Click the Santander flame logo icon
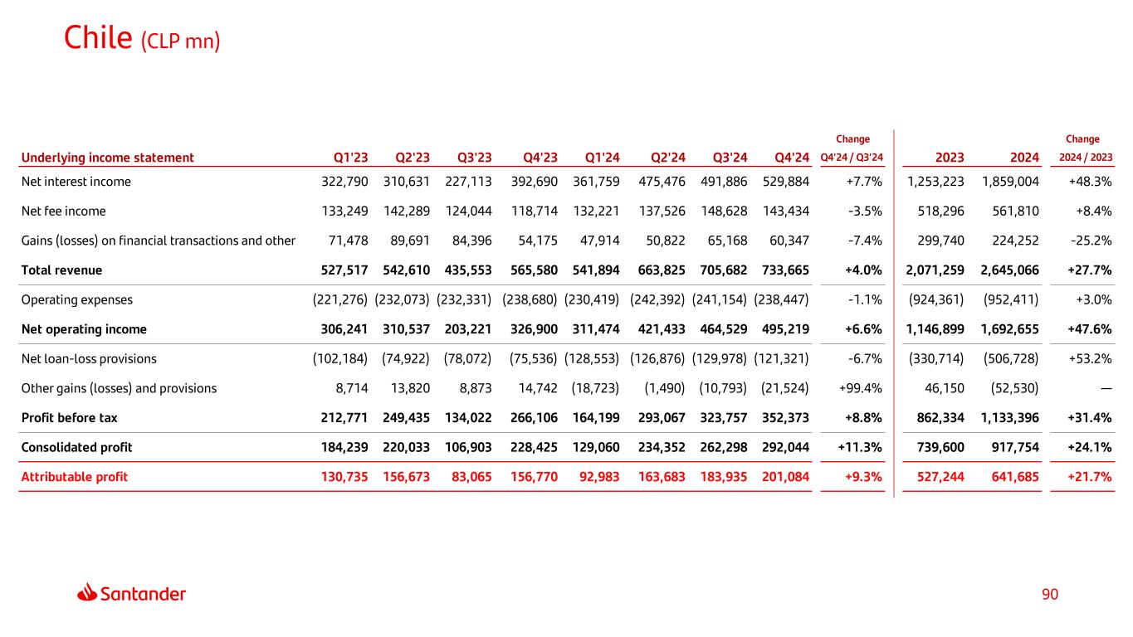[x=87, y=592]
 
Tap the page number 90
[x=1050, y=595]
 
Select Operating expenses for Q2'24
[x=657, y=299]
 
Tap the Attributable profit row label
[x=75, y=477]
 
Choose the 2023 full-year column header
[x=949, y=158]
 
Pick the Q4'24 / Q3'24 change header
[x=852, y=158]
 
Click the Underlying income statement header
[x=108, y=158]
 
